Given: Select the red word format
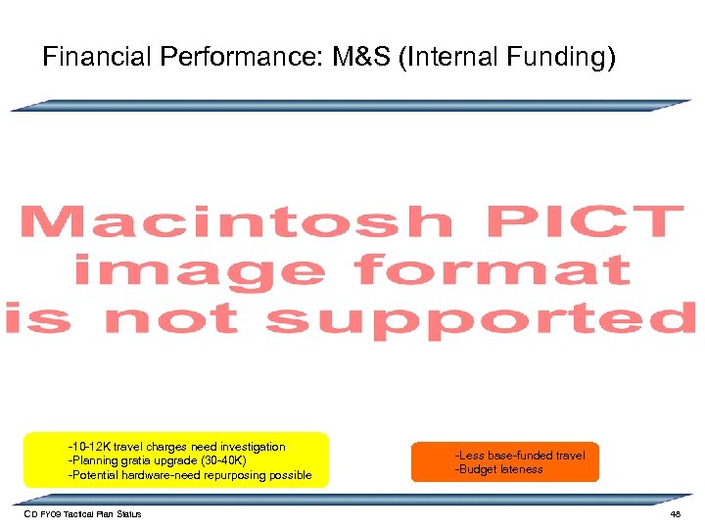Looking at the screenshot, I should pos(492,269).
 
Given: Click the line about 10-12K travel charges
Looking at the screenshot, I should pos(176,447).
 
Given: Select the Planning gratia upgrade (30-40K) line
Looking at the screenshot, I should pos(157,460).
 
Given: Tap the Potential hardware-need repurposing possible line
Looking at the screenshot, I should pos(189,475).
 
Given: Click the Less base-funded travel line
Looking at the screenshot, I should pos(519,455).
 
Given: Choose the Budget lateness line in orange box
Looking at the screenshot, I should pos(498,469).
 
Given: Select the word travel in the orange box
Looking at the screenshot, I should pos(570,455).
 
